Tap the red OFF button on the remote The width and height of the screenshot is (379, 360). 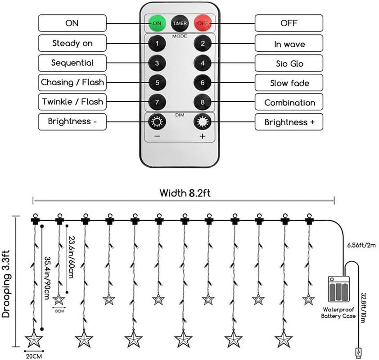(203, 23)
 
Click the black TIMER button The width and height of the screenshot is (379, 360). (180, 23)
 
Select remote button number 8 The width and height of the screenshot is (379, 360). (203, 102)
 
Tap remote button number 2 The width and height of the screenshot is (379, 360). (203, 44)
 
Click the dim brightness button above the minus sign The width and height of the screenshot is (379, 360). (157, 121)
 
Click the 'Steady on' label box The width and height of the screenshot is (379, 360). (72, 44)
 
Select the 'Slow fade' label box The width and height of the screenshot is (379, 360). (289, 83)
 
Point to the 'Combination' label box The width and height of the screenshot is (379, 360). (289, 102)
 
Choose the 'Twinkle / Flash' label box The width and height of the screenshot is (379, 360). (72, 102)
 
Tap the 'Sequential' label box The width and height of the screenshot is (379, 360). (72, 63)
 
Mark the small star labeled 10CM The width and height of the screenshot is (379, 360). (59, 299)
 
